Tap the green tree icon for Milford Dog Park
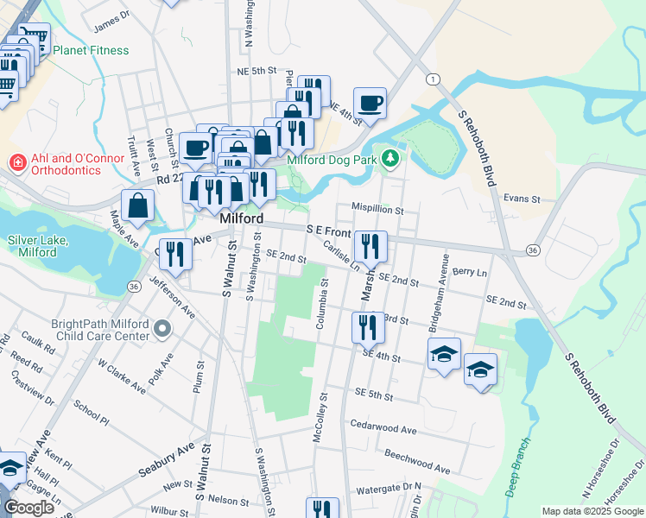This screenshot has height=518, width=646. [391, 158]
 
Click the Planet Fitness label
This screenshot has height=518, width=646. [91, 50]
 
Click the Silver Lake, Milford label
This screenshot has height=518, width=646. [38, 246]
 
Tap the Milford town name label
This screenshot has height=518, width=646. [241, 219]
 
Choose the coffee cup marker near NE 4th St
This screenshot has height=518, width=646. [370, 104]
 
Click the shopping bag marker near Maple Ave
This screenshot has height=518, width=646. [138, 206]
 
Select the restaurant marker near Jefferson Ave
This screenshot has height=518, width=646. [176, 254]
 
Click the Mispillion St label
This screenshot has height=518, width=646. [377, 209]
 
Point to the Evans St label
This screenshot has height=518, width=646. [522, 198]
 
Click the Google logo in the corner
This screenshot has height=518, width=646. [29, 508]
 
